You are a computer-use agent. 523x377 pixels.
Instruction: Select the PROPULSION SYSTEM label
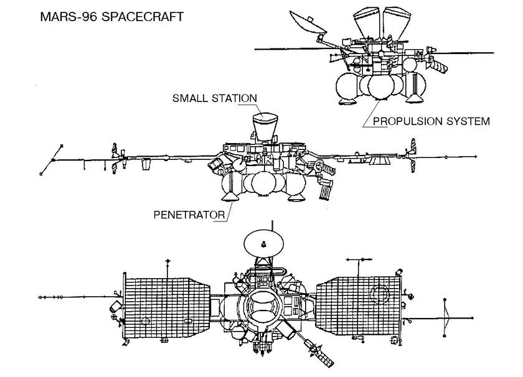[x=431, y=121]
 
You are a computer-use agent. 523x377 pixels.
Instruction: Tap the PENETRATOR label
[x=189, y=215]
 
